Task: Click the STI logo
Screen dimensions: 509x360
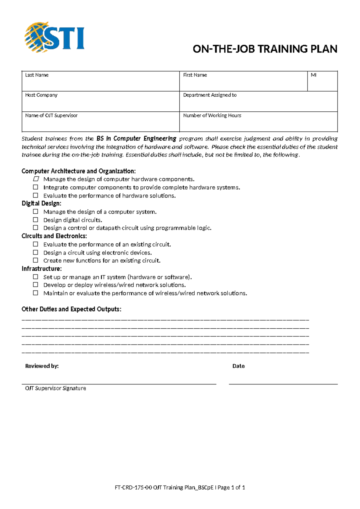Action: click(x=55, y=37)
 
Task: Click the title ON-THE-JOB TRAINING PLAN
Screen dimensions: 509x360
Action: click(x=265, y=49)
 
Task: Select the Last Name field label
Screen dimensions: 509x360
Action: click(x=37, y=75)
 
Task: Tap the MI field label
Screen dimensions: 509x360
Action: click(x=313, y=75)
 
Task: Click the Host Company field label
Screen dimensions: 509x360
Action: click(x=41, y=95)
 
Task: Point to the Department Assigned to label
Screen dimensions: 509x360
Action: click(x=210, y=95)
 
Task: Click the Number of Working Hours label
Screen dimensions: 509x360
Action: click(x=212, y=116)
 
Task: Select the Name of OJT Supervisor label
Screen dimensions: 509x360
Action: click(x=51, y=116)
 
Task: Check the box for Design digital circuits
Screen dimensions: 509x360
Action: click(x=36, y=220)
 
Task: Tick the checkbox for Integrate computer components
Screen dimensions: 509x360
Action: click(x=36, y=187)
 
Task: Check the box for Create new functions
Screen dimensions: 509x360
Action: click(x=36, y=260)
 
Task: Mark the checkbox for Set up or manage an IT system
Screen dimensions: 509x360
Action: click(x=36, y=277)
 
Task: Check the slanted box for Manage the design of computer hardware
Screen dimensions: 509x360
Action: click(x=36, y=179)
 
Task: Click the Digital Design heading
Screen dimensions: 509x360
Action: click(x=41, y=203)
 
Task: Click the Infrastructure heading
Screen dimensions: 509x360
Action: click(x=41, y=269)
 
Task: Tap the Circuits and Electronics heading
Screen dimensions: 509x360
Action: click(x=54, y=236)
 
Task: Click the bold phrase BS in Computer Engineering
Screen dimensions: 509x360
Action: click(x=136, y=139)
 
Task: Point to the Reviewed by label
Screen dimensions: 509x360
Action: click(x=42, y=366)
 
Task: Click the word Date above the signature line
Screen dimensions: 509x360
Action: click(x=238, y=366)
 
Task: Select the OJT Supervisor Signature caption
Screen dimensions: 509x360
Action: click(x=55, y=388)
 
